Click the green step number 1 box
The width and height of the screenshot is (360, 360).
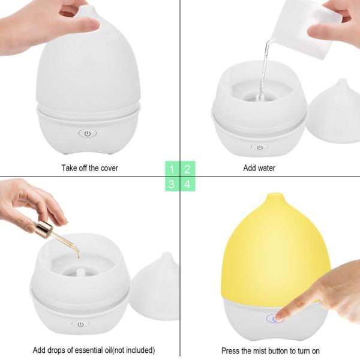tap(172, 169)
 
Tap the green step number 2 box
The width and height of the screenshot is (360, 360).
tap(187, 169)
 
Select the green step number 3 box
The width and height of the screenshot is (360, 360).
tap(172, 184)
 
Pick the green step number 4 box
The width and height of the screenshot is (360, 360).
tap(187, 184)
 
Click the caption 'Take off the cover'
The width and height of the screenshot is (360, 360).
tap(89, 168)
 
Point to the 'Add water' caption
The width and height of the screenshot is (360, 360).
tap(259, 168)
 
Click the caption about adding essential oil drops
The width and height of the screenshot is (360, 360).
tap(94, 350)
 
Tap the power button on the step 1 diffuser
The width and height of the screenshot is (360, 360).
tap(88, 133)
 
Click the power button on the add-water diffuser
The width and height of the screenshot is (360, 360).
tap(260, 146)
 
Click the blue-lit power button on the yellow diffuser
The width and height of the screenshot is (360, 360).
tap(277, 319)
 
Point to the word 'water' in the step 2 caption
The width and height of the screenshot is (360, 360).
tap(266, 168)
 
